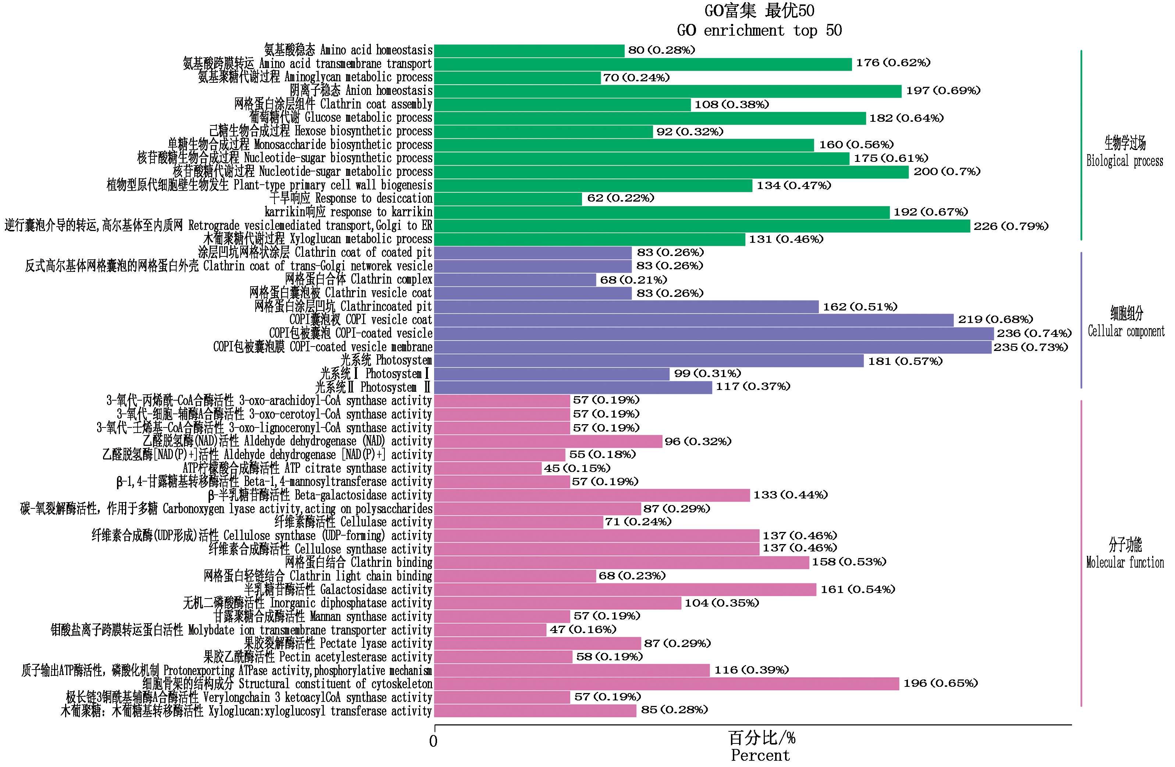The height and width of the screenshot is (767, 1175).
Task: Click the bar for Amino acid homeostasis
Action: pyautogui.click(x=529, y=51)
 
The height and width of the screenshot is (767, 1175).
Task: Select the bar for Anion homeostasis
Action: pyautogui.click(x=667, y=91)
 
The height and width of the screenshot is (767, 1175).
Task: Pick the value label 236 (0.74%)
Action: pyautogui.click(x=1034, y=334)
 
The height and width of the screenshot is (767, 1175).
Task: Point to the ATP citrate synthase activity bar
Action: pyautogui.click(x=488, y=468)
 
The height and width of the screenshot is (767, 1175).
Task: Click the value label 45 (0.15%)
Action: pyautogui.click(x=576, y=468)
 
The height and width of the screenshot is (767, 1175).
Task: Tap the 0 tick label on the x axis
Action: pyautogui.click(x=433, y=741)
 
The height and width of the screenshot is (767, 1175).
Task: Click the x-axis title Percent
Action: pyautogui.click(x=760, y=755)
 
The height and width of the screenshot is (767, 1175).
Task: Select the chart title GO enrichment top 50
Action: pyautogui.click(x=759, y=31)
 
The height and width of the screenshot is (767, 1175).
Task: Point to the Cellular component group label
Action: pyautogui.click(x=1126, y=331)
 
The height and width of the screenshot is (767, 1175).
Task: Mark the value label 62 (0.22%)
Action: pyautogui.click(x=620, y=198)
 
